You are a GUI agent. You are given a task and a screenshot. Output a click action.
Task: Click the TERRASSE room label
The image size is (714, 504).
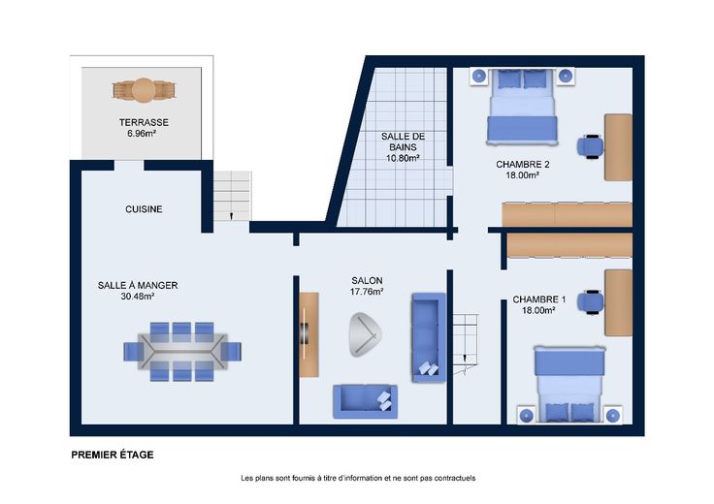(x=144, y=122)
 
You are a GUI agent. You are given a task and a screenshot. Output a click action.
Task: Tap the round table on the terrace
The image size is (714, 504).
(x=144, y=90)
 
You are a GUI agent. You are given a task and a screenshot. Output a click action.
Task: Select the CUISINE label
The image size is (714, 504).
(x=144, y=209)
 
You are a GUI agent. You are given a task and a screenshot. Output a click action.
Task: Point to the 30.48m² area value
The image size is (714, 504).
(x=138, y=297)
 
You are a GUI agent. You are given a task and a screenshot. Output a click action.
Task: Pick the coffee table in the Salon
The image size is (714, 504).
(x=365, y=334)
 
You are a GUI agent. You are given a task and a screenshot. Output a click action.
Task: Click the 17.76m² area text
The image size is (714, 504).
(x=367, y=292)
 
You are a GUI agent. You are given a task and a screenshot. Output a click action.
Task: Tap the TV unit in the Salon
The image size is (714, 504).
(x=308, y=334)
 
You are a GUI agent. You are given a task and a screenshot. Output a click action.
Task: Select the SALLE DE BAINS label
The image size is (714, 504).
(x=403, y=142)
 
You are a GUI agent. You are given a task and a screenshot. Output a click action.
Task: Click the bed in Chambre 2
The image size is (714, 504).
(x=522, y=108)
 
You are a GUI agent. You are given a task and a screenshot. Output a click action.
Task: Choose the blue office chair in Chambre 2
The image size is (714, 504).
(x=591, y=146)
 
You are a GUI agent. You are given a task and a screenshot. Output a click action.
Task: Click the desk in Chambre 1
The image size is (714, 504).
(x=618, y=303)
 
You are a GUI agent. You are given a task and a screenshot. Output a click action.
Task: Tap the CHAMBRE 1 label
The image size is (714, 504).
(x=539, y=299)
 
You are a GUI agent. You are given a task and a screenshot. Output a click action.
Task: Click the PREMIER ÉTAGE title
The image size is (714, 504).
(x=113, y=455)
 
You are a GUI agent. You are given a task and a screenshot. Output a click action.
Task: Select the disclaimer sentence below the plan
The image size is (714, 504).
(x=358, y=478)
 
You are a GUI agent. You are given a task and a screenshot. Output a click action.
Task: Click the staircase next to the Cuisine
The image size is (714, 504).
(x=232, y=196)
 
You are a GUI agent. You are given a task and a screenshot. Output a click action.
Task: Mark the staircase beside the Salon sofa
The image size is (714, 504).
(x=466, y=343)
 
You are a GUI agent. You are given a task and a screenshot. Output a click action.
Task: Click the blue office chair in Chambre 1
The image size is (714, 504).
(x=591, y=302)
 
